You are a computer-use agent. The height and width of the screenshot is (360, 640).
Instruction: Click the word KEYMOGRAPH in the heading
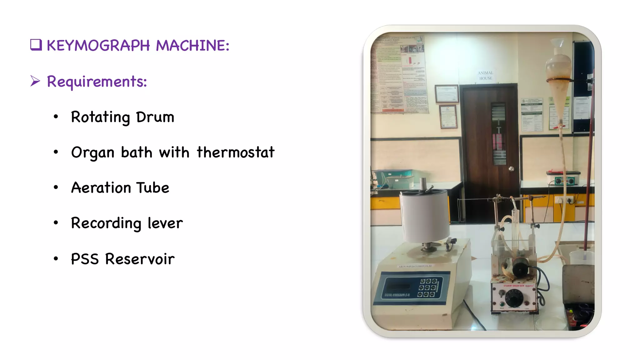98,46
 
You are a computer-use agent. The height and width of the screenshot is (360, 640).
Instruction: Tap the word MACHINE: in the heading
192,46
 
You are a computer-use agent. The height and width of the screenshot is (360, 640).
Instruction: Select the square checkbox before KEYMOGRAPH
36,45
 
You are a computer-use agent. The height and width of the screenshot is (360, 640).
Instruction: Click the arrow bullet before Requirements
35,81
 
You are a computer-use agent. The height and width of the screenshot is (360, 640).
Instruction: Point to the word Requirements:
97,82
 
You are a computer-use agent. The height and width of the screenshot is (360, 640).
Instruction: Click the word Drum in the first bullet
155,117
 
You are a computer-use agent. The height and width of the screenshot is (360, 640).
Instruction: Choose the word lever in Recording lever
165,223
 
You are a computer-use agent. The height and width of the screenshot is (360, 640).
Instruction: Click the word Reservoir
140,259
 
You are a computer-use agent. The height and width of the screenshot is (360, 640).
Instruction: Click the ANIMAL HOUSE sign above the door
485,75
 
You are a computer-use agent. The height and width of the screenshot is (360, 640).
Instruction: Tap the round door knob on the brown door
511,169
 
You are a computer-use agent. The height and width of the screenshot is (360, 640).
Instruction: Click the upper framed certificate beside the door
447,93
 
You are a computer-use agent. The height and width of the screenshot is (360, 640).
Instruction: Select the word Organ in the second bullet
92,153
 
